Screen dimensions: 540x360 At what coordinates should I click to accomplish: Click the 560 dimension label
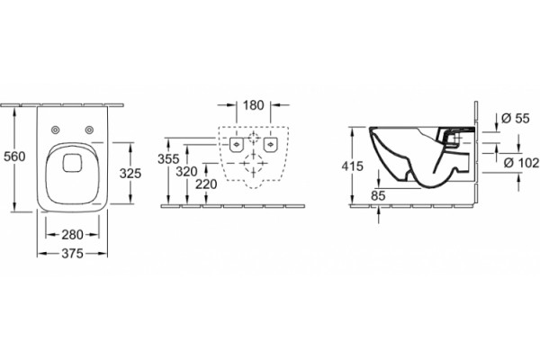click(14, 157)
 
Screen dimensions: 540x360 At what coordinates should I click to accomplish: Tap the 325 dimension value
click(130, 174)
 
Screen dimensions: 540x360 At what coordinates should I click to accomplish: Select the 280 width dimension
click(72, 235)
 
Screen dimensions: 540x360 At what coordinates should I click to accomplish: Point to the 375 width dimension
click(72, 254)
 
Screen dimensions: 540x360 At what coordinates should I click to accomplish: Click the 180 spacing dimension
click(254, 105)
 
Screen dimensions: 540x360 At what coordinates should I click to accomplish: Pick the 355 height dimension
click(168, 159)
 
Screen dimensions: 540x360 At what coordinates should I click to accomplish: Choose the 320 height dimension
click(186, 172)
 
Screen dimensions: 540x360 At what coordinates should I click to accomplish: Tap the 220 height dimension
click(206, 184)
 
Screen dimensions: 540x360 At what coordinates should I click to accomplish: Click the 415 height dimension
click(352, 166)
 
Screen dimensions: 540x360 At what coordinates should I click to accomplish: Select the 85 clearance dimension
click(378, 195)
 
